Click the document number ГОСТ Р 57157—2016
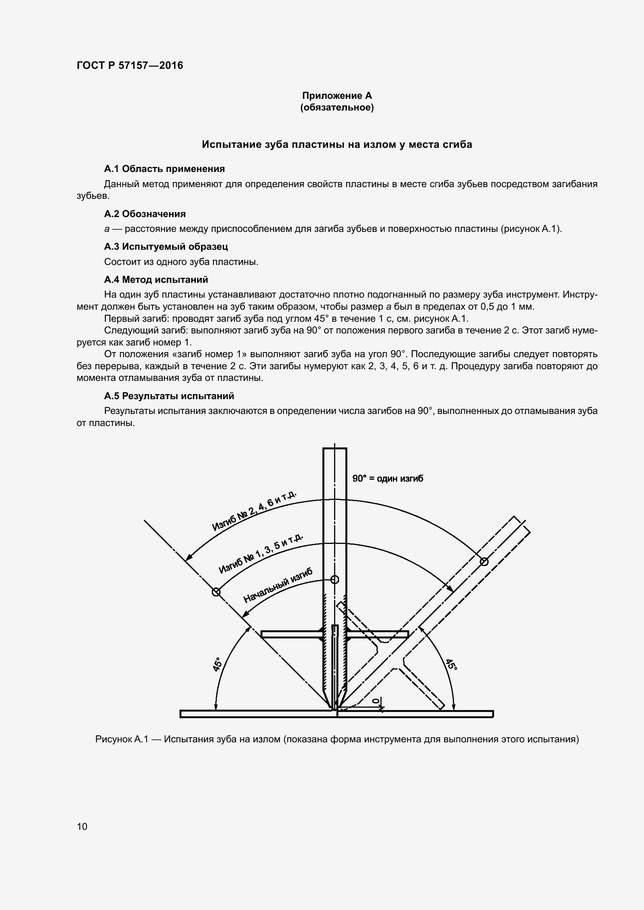click(130, 65)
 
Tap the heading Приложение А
click(337, 96)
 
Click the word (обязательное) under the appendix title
click(337, 107)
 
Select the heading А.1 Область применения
click(164, 169)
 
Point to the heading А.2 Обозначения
click(145, 214)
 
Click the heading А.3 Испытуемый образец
click(166, 247)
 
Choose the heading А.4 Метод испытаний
click(156, 280)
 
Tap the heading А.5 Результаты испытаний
click(169, 396)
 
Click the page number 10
click(82, 826)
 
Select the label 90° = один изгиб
click(387, 479)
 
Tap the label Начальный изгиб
click(278, 586)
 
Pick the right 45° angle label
click(451, 665)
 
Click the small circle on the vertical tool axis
click(335, 579)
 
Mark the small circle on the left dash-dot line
click(216, 592)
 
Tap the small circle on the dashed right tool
click(484, 561)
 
